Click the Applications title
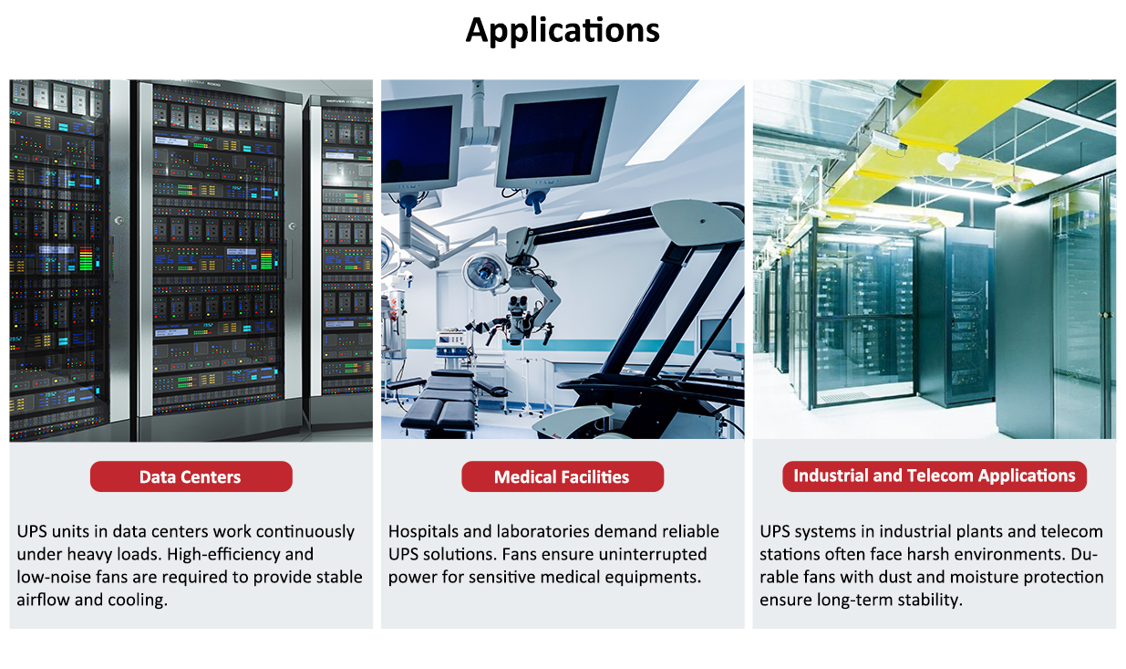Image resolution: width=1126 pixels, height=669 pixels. pyautogui.click(x=563, y=31)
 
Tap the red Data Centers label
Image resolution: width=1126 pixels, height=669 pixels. pyautogui.click(x=191, y=476)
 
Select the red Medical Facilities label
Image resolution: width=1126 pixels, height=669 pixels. pyautogui.click(x=563, y=476)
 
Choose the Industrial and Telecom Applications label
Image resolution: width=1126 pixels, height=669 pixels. pyautogui.click(x=935, y=476)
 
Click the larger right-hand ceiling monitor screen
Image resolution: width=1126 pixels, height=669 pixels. pyautogui.click(x=556, y=137)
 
